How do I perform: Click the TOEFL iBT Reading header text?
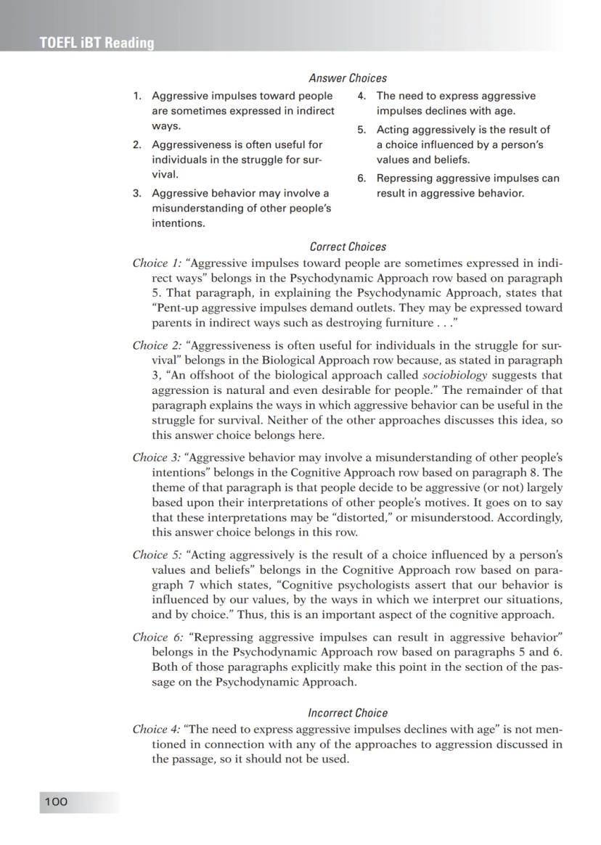(97, 43)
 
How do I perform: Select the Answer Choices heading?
(348, 78)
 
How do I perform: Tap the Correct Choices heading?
(348, 247)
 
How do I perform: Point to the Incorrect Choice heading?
(348, 713)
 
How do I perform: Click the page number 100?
(56, 801)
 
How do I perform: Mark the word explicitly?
(322, 667)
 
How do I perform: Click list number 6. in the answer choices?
(361, 178)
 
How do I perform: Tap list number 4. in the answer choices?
(361, 96)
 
